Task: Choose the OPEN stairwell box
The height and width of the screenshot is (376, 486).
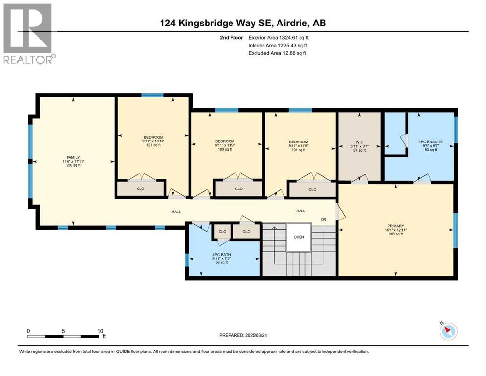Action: pos(299,237)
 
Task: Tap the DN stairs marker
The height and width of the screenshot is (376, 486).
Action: pos(324,219)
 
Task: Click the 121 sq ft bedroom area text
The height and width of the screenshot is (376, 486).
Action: pos(153,145)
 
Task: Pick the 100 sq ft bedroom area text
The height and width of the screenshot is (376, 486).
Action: pos(226,150)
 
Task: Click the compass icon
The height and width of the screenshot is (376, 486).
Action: pos(448,331)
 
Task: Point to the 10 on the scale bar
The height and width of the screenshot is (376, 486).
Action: pos(100,331)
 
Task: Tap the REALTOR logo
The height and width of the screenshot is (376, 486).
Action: pos(28,33)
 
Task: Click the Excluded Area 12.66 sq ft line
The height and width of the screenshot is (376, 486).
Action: pos(277,53)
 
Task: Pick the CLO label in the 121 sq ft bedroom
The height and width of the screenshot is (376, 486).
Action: pos(140,188)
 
